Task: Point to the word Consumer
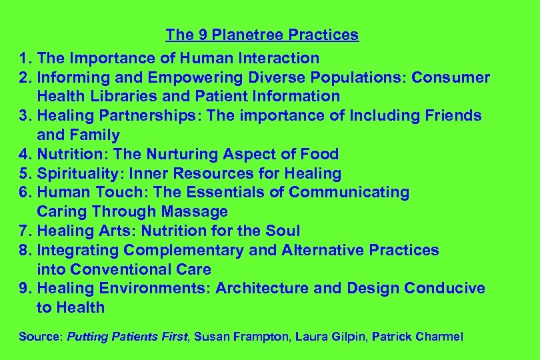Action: (451, 77)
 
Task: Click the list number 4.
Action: (24, 155)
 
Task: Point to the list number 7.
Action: (24, 231)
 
